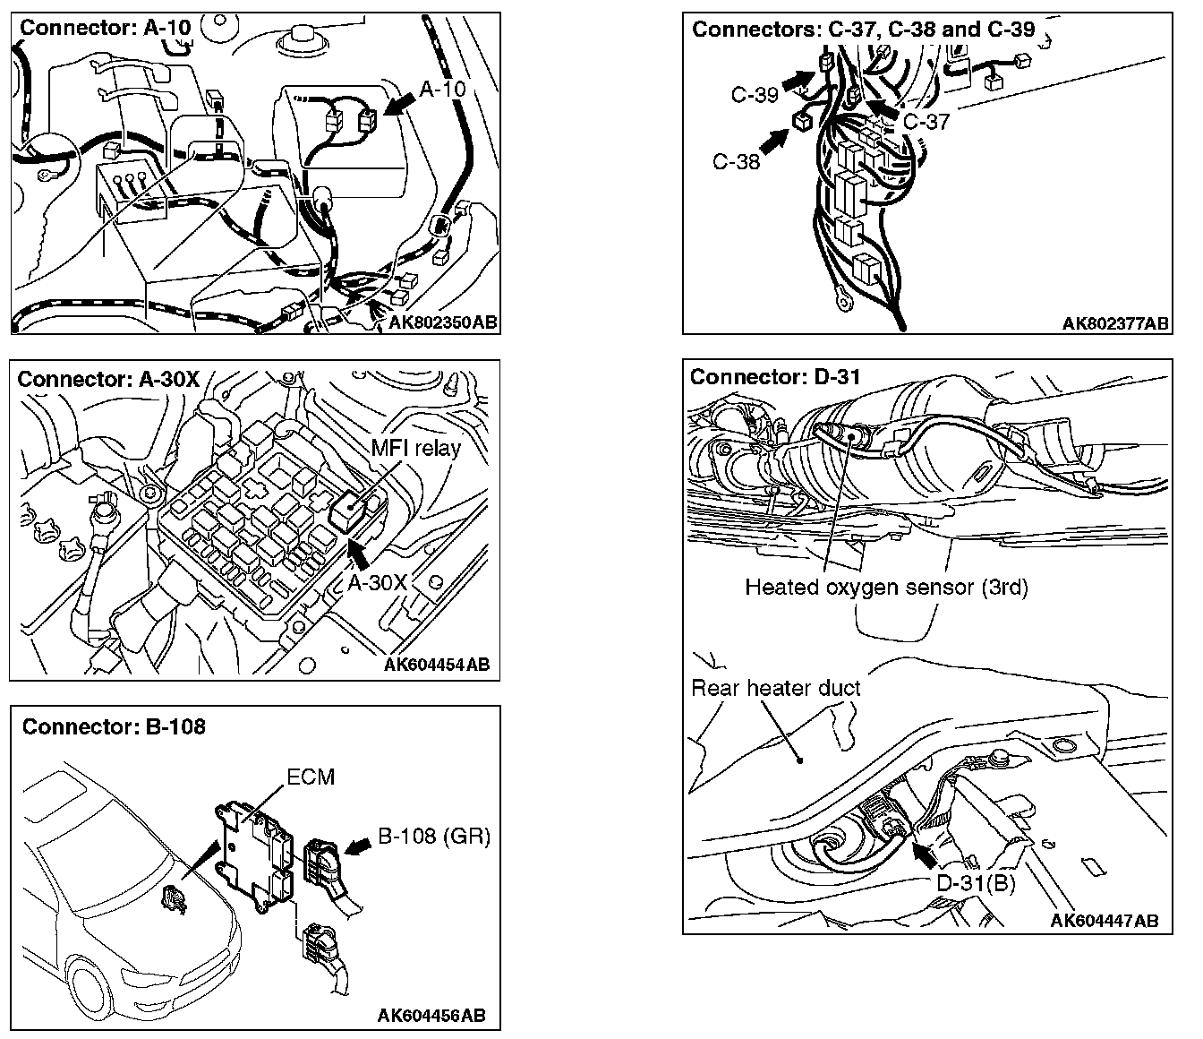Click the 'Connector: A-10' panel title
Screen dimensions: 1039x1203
click(x=106, y=28)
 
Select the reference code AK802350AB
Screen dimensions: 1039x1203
click(x=443, y=322)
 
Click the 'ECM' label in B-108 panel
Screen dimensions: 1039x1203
click(x=311, y=777)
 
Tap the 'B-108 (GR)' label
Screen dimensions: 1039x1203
click(x=434, y=837)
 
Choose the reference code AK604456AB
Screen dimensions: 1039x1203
click(x=431, y=1015)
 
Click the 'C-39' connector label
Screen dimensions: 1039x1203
click(x=755, y=94)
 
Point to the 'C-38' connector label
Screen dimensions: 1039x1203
click(x=736, y=162)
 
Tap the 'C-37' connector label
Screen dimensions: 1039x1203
click(x=926, y=121)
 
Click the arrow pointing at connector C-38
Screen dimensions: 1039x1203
click(x=776, y=139)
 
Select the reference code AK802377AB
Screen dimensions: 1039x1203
click(x=1115, y=323)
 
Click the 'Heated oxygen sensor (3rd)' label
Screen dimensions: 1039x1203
click(x=886, y=588)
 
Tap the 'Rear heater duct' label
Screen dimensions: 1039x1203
click(x=776, y=688)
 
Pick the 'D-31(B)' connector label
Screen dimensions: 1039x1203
click(x=976, y=883)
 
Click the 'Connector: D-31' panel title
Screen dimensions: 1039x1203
click(x=775, y=377)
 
